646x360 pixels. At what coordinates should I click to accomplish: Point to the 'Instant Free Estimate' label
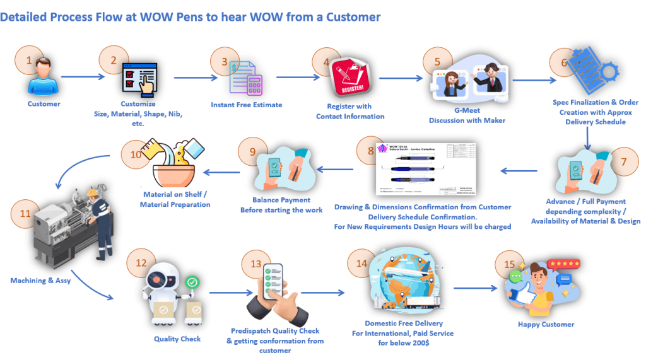[246, 105]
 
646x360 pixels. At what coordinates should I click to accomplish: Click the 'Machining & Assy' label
[40, 281]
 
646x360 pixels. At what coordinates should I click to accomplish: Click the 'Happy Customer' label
[546, 324]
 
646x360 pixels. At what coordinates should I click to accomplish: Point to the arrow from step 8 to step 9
[335, 168]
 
